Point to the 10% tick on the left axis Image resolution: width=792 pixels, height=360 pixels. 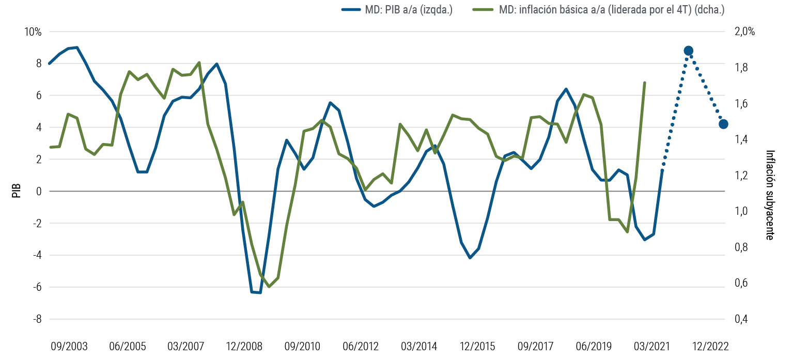pos(33,32)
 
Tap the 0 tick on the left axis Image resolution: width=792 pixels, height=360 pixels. pos(38,191)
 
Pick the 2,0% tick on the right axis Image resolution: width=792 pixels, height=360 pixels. pos(744,32)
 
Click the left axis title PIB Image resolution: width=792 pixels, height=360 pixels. pos(16,191)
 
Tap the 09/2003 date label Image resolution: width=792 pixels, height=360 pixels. pos(69,346)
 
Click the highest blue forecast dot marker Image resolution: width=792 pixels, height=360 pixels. pos(688,51)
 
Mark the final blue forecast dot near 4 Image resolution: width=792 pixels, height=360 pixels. pos(723,124)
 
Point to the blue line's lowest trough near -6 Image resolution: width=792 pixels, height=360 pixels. pos(256,292)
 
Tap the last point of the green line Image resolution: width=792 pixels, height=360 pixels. pos(645,82)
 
